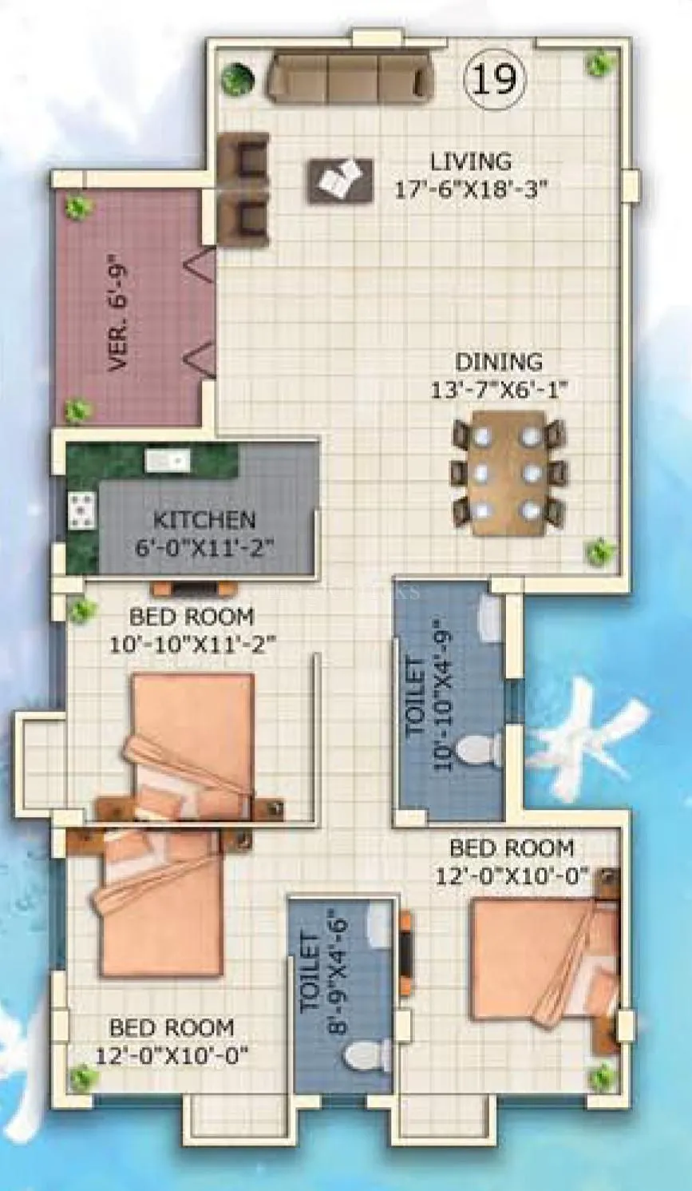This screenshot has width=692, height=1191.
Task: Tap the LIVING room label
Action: click(x=471, y=161)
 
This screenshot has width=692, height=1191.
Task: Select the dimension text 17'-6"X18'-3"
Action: click(x=471, y=189)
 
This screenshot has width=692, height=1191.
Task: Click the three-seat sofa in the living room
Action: click(x=350, y=77)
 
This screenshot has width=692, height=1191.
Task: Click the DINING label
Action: click(x=499, y=362)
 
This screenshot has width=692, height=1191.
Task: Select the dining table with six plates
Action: click(x=508, y=473)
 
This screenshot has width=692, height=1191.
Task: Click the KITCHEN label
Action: click(x=204, y=520)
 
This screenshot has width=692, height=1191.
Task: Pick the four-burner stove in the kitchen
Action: click(x=81, y=511)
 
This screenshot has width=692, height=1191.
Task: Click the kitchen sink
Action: click(x=167, y=461)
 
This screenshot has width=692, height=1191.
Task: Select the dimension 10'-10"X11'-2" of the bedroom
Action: click(x=192, y=644)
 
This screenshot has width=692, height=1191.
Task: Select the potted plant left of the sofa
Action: click(x=237, y=79)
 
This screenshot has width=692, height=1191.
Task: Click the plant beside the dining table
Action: click(x=597, y=550)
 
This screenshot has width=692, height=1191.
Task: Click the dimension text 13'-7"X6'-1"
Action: click(x=493, y=391)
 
